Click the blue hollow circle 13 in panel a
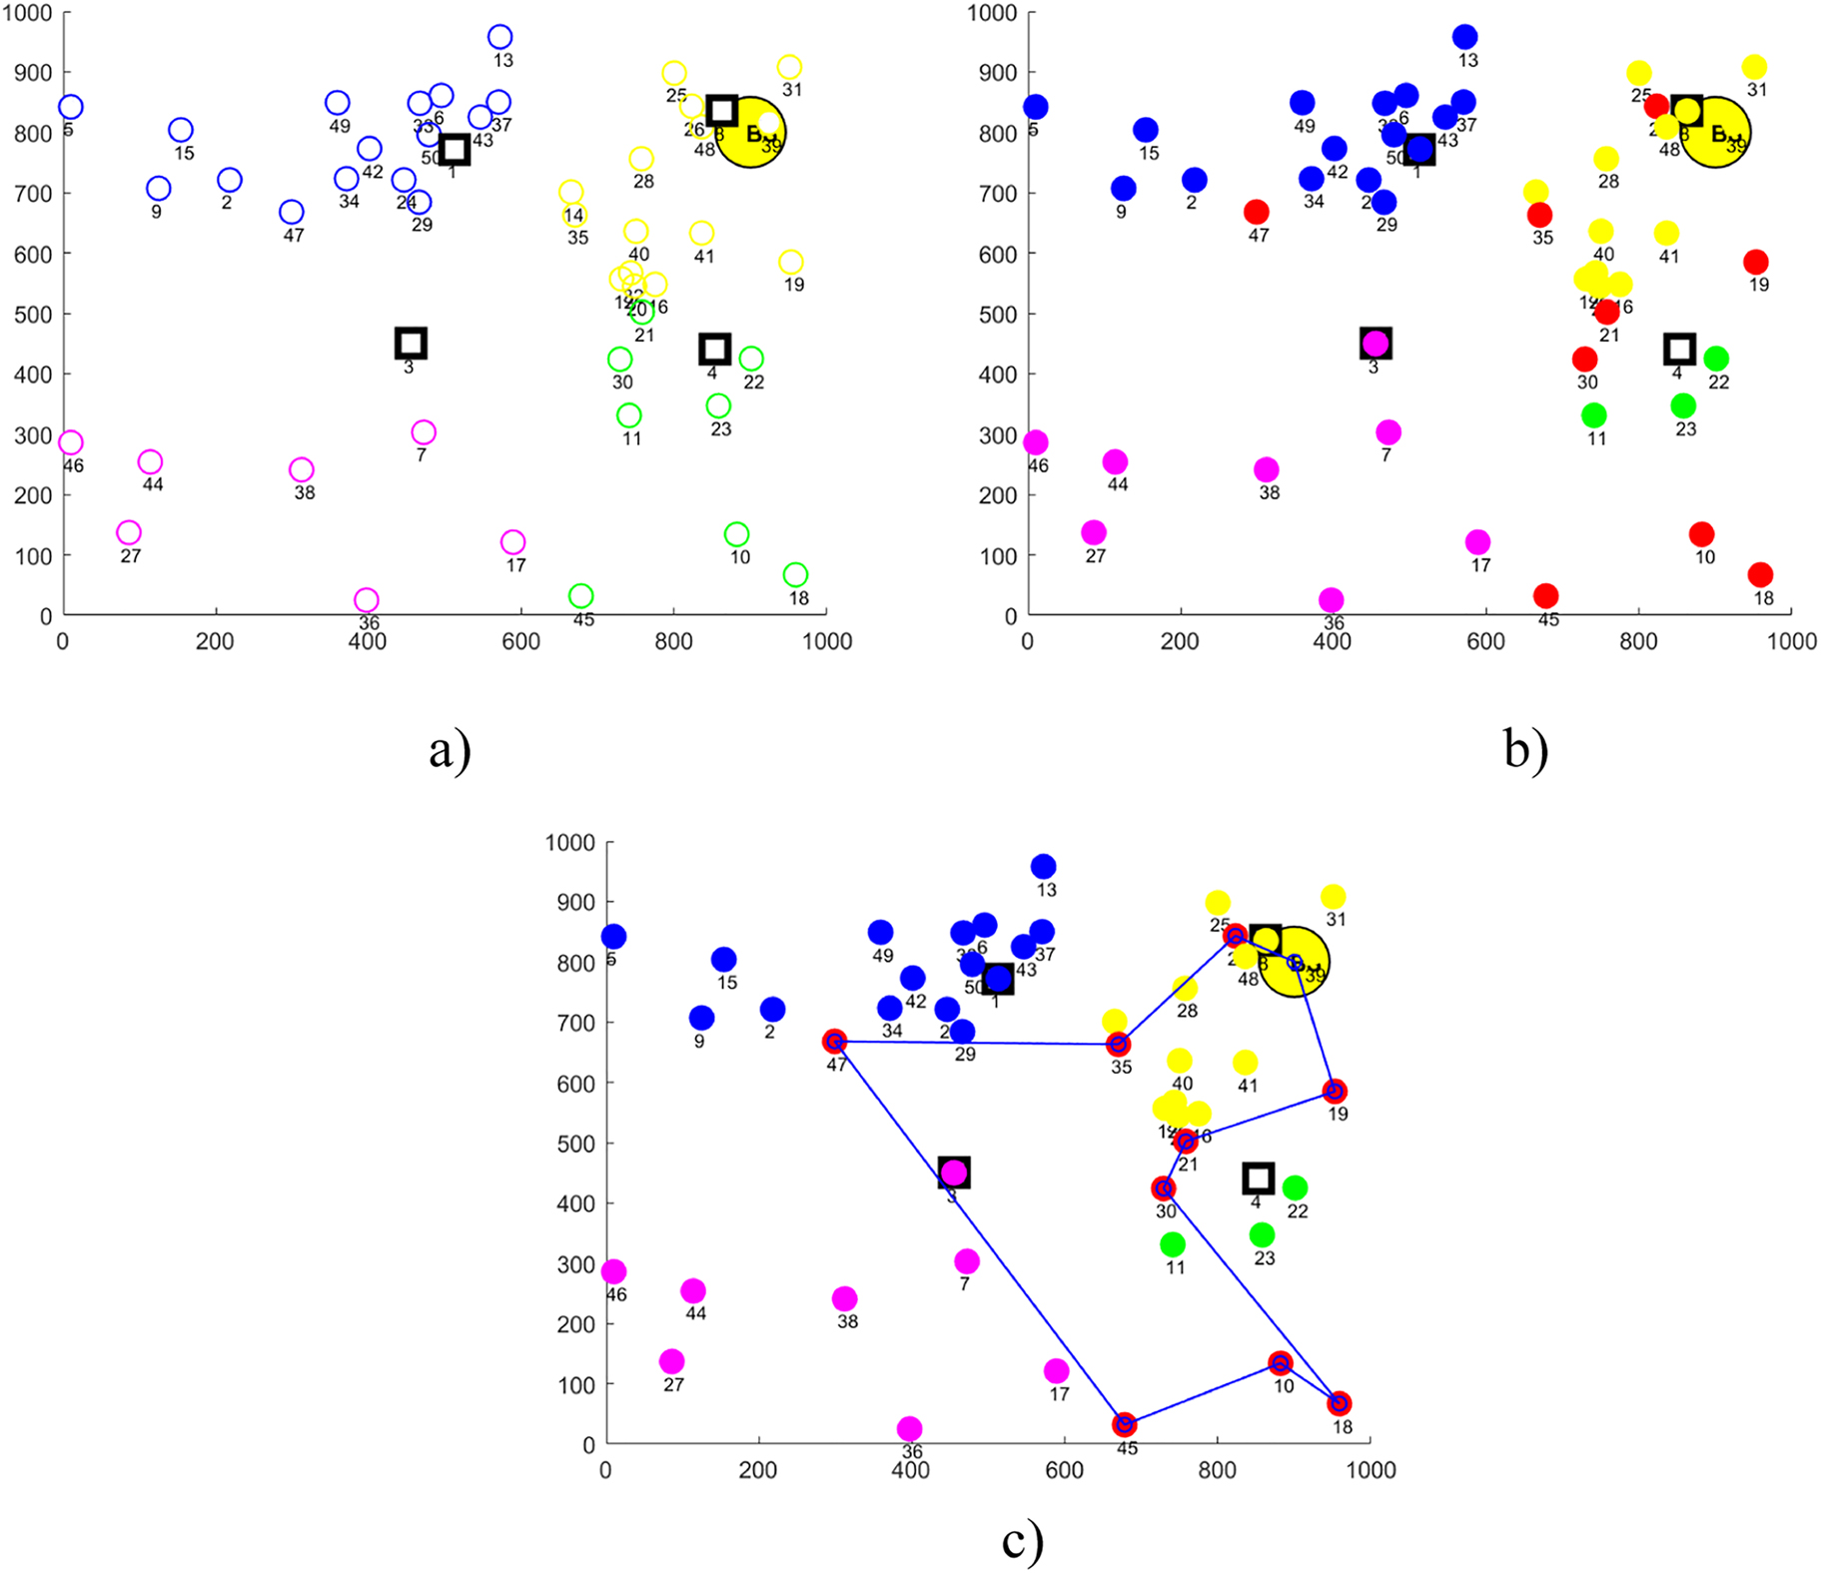point(499,37)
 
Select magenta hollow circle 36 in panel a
point(367,599)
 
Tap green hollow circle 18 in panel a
point(795,574)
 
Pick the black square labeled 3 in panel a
point(411,344)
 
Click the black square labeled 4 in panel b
point(1679,349)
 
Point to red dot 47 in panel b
point(1257,212)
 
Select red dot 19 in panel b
point(1756,262)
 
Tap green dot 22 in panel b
point(1716,359)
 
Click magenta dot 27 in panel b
point(1094,532)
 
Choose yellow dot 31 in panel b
point(1754,67)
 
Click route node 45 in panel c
point(1125,1424)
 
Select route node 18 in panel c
point(1340,1403)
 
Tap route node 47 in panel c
point(834,1042)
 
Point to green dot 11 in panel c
point(1173,1244)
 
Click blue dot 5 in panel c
point(613,937)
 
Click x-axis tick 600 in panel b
point(1485,641)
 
